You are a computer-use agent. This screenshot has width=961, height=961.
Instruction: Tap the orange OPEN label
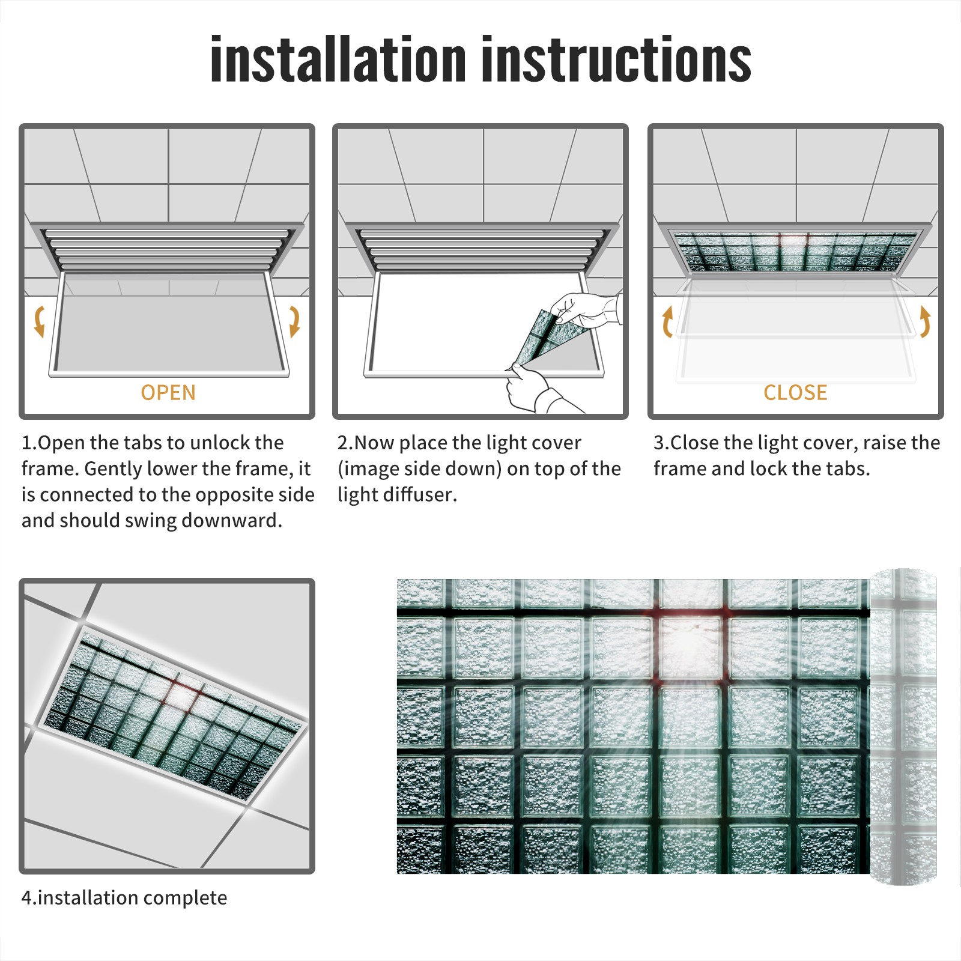point(168,392)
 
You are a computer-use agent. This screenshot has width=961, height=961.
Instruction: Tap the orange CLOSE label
point(795,392)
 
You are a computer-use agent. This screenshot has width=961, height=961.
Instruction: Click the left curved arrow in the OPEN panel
point(39,321)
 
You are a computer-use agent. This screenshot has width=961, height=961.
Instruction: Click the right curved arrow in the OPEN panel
point(294,321)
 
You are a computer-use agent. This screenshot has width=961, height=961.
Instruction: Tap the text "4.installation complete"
point(124,897)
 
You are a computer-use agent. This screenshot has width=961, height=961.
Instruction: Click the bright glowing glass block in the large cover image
point(690,646)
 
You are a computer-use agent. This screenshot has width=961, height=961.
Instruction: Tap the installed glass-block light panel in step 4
point(171,715)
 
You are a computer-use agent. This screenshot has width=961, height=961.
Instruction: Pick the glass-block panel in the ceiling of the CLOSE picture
point(796,251)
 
